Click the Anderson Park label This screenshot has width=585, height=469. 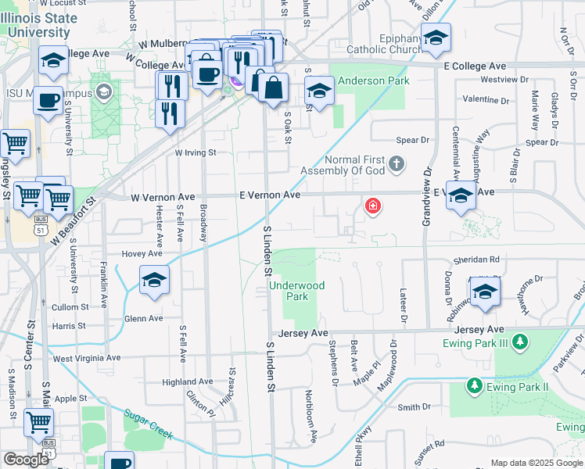[362, 81]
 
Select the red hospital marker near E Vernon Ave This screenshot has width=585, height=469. [373, 207]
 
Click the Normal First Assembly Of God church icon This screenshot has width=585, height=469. [397, 163]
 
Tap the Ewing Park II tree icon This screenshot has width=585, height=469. [473, 386]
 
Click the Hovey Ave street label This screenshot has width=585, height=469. [142, 254]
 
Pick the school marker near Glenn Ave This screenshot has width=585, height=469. [154, 281]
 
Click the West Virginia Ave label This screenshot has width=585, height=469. [87, 358]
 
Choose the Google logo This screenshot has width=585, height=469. [26, 460]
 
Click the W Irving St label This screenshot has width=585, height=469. [196, 153]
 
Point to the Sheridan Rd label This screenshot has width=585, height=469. [476, 260]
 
